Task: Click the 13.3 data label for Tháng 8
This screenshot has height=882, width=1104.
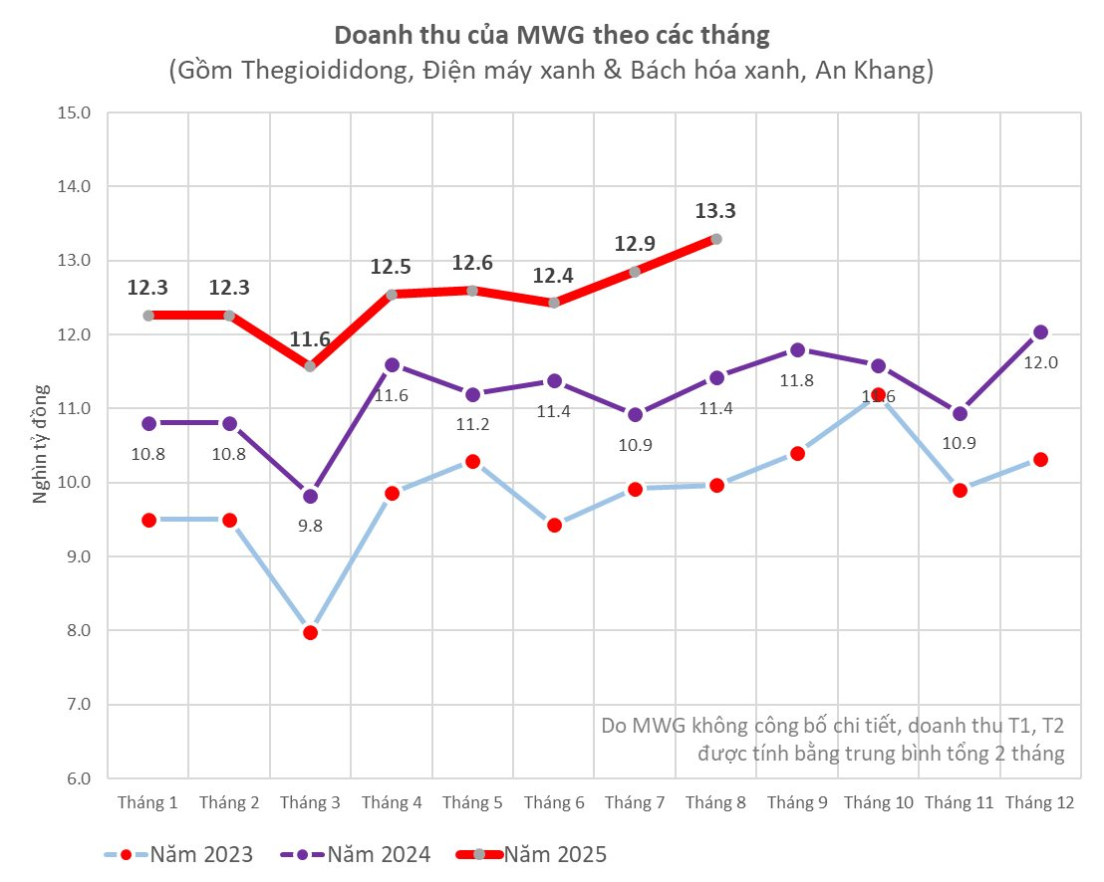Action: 715,211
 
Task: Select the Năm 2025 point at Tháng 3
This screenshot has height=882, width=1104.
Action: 310,366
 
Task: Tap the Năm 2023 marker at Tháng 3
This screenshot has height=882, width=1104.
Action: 310,632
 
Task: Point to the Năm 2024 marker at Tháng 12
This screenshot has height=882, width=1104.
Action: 1040,332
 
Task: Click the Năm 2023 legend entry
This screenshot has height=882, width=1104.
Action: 178,854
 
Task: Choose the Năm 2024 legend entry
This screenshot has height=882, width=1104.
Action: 357,854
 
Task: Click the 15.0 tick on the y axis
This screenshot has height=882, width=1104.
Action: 73,112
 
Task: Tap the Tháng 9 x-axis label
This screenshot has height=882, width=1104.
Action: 797,803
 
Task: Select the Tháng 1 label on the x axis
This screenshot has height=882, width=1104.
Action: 148,803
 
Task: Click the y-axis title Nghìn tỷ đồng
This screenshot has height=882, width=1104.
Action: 41,445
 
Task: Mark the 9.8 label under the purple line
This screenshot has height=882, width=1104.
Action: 310,527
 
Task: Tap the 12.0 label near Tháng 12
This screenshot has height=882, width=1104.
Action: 1040,362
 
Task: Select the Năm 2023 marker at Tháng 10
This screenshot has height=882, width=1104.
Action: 878,395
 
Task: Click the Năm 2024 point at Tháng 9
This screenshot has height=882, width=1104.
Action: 797,350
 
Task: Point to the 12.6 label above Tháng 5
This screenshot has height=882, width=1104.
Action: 472,264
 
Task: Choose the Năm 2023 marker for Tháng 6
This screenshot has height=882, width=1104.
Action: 554,525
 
